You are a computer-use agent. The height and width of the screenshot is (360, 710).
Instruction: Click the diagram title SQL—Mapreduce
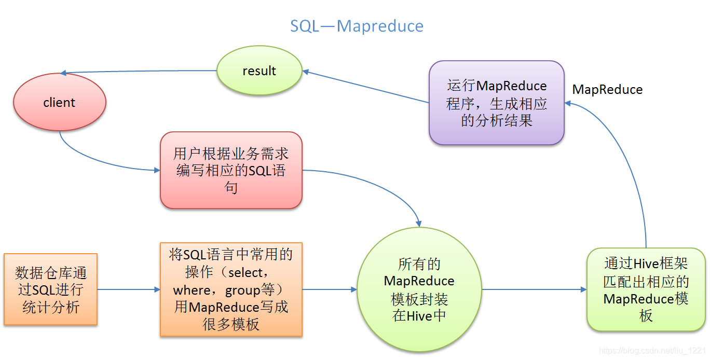[x=357, y=26]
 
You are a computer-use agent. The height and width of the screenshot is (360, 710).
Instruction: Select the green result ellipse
[x=259, y=72]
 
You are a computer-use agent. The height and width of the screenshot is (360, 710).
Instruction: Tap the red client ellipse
[x=59, y=103]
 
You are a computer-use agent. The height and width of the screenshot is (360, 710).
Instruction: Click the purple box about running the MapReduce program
[x=497, y=103]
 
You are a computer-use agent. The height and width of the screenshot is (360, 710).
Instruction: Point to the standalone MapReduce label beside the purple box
[x=607, y=90]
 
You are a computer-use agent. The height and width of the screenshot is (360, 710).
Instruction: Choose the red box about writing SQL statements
[x=231, y=170]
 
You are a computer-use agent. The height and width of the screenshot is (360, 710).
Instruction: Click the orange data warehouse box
[x=50, y=289]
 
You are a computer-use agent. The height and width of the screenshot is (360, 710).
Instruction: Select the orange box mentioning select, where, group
[x=231, y=289]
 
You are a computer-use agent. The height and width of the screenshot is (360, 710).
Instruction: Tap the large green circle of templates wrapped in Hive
[x=419, y=289]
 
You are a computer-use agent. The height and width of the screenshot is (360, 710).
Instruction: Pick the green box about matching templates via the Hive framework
[x=646, y=289]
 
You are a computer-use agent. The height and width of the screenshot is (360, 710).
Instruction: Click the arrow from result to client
[x=140, y=72]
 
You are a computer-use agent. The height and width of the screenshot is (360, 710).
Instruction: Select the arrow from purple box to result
[x=366, y=87]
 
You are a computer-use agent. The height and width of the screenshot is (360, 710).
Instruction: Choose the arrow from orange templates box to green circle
[x=330, y=289]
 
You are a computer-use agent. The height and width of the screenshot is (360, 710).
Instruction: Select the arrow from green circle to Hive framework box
[x=535, y=289]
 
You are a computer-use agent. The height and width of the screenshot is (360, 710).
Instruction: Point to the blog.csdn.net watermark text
[x=652, y=351]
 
